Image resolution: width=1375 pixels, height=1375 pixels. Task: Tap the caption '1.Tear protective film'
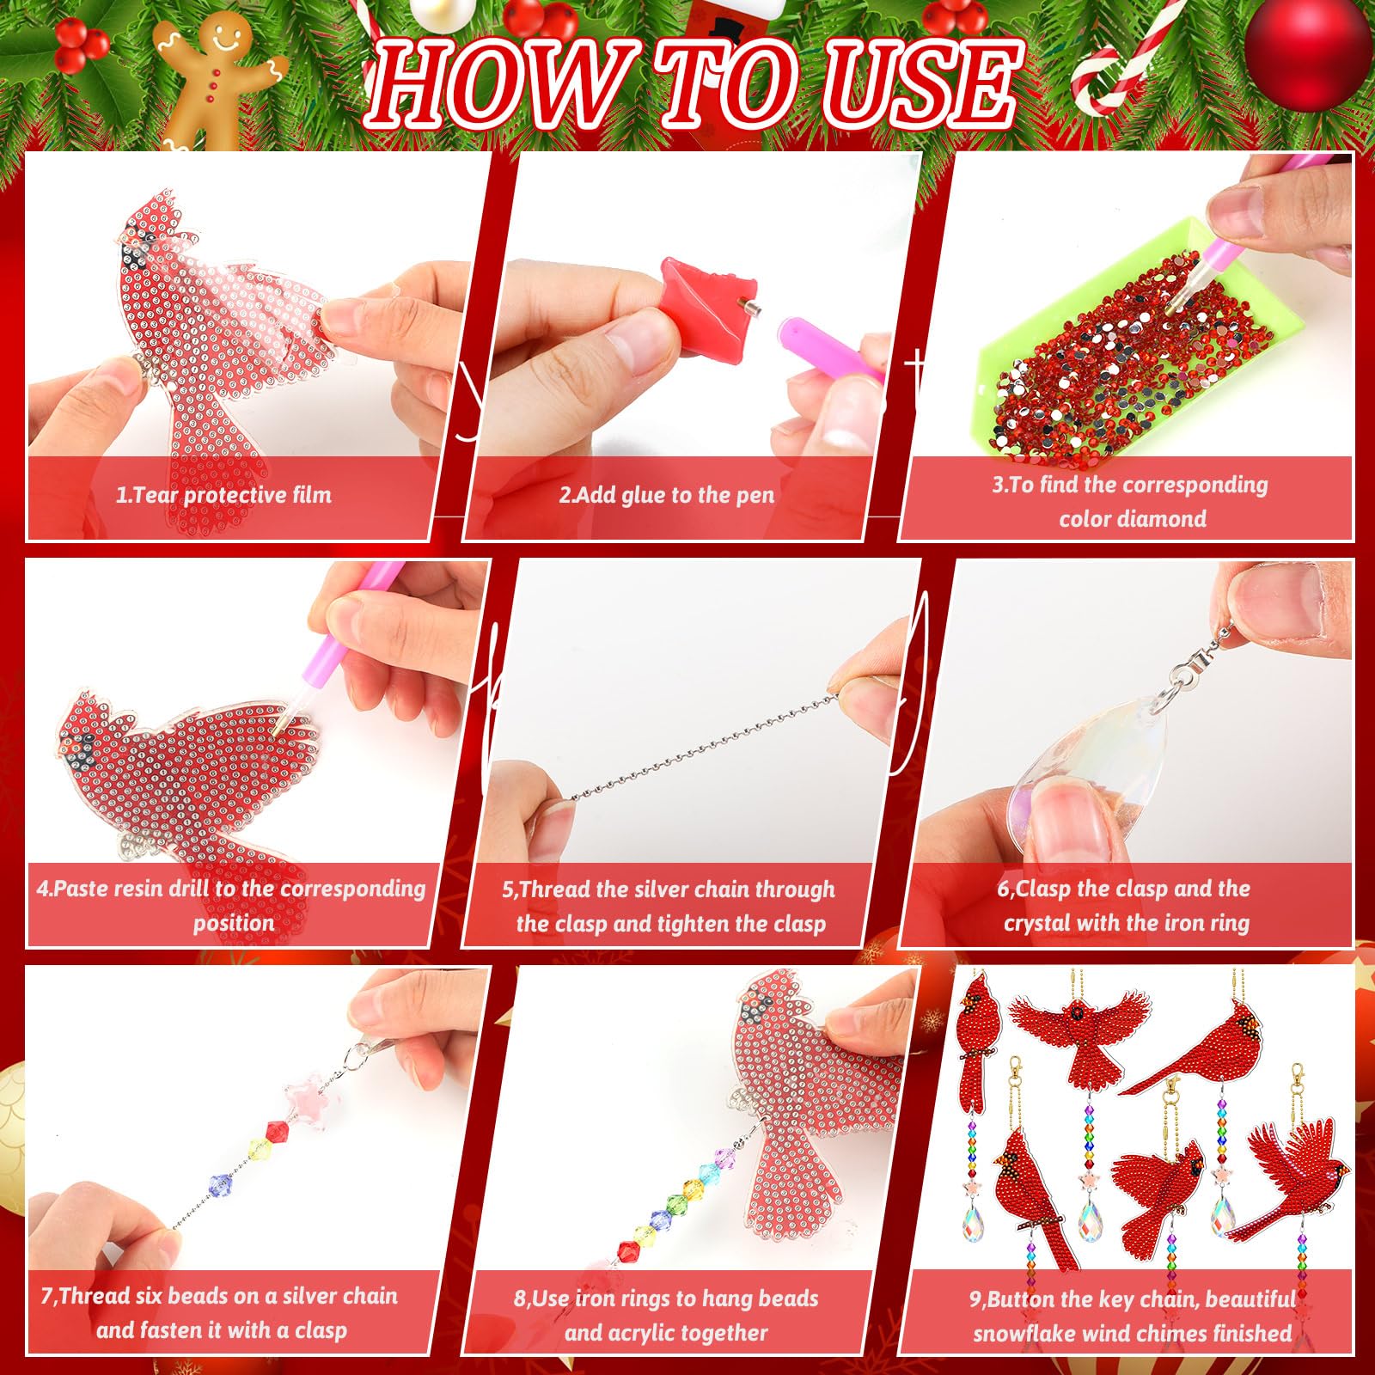223,495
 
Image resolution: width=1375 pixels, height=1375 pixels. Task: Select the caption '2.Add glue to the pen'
666,495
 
